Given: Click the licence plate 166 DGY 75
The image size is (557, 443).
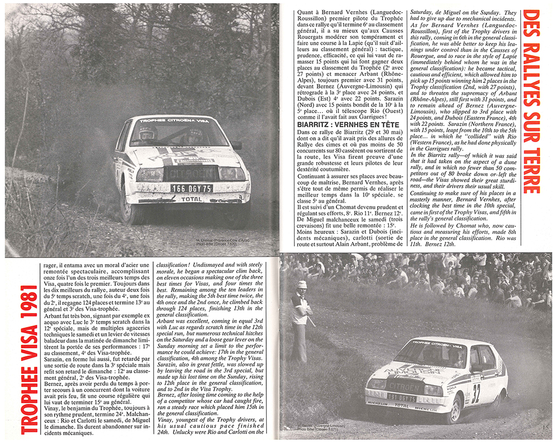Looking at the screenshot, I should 191,188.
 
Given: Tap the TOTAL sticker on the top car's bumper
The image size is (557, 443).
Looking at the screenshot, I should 192,198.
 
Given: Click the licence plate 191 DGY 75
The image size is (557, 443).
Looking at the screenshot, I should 401,398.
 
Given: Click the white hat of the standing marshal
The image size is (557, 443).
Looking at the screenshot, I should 301,285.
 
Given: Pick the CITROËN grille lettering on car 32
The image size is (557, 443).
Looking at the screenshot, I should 403,386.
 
